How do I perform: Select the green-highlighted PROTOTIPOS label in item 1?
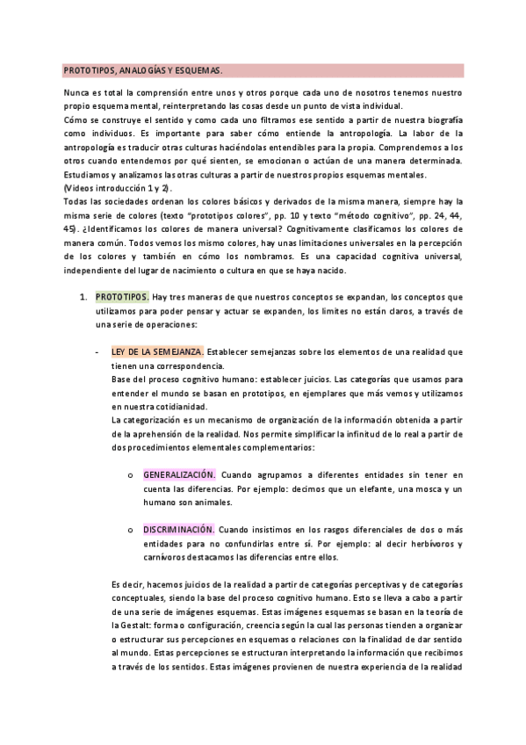tap(122, 296)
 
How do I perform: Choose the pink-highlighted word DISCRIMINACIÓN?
tap(178, 530)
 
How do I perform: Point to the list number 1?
tap(82, 296)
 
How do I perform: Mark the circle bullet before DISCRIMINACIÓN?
tap(129, 531)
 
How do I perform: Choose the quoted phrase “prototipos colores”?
tap(207, 215)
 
